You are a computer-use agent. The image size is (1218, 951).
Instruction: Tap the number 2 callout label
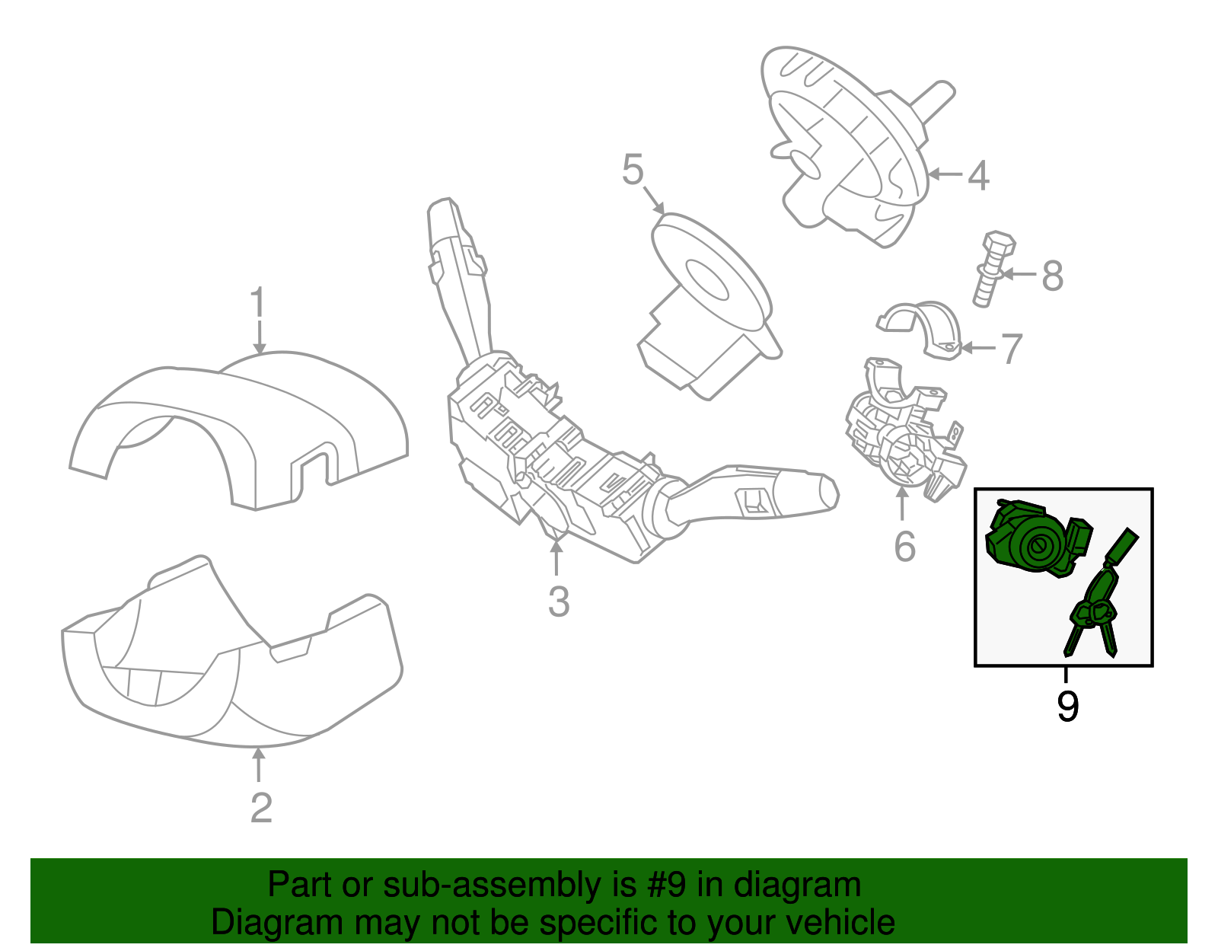(x=261, y=808)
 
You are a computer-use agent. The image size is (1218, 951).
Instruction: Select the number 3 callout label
(x=558, y=602)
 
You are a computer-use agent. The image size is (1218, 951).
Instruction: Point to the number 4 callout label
(x=978, y=175)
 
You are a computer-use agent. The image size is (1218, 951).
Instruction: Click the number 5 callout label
(x=633, y=170)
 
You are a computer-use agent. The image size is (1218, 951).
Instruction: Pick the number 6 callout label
(x=904, y=546)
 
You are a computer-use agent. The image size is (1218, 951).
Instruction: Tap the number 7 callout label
(x=1010, y=349)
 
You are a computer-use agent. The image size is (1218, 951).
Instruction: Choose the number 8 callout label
(x=1052, y=276)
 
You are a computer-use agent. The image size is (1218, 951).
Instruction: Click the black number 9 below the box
(x=1067, y=707)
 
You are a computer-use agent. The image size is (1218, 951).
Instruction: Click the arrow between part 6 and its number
(x=903, y=504)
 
